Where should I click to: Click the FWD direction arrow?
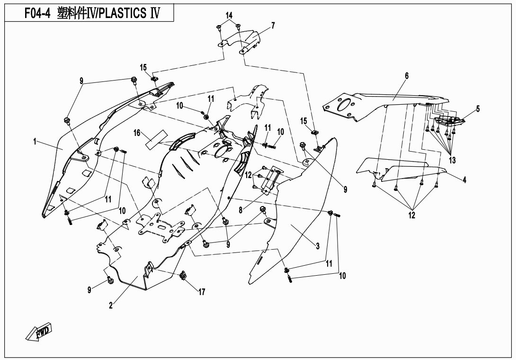[39, 333]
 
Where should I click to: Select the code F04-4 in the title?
[37, 13]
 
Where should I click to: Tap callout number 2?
[110, 306]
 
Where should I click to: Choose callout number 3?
[318, 246]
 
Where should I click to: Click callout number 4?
[464, 180]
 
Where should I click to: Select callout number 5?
[478, 108]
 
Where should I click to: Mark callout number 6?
[406, 75]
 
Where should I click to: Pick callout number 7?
[273, 25]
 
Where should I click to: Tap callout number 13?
[452, 160]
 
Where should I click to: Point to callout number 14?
[229, 16]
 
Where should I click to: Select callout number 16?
[137, 133]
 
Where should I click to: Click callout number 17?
[202, 292]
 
